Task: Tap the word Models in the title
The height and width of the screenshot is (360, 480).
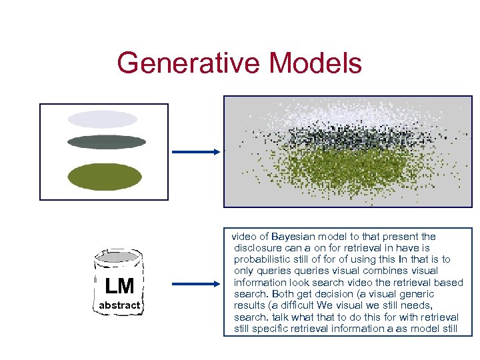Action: pos(315,63)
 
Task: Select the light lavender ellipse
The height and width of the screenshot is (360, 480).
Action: pos(102,119)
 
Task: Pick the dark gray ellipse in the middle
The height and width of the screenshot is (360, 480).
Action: pos(107,142)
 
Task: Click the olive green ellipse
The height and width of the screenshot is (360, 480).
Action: pos(105,177)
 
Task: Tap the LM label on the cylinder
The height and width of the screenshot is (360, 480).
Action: pos(119,286)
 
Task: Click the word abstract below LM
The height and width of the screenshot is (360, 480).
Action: pos(119,305)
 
